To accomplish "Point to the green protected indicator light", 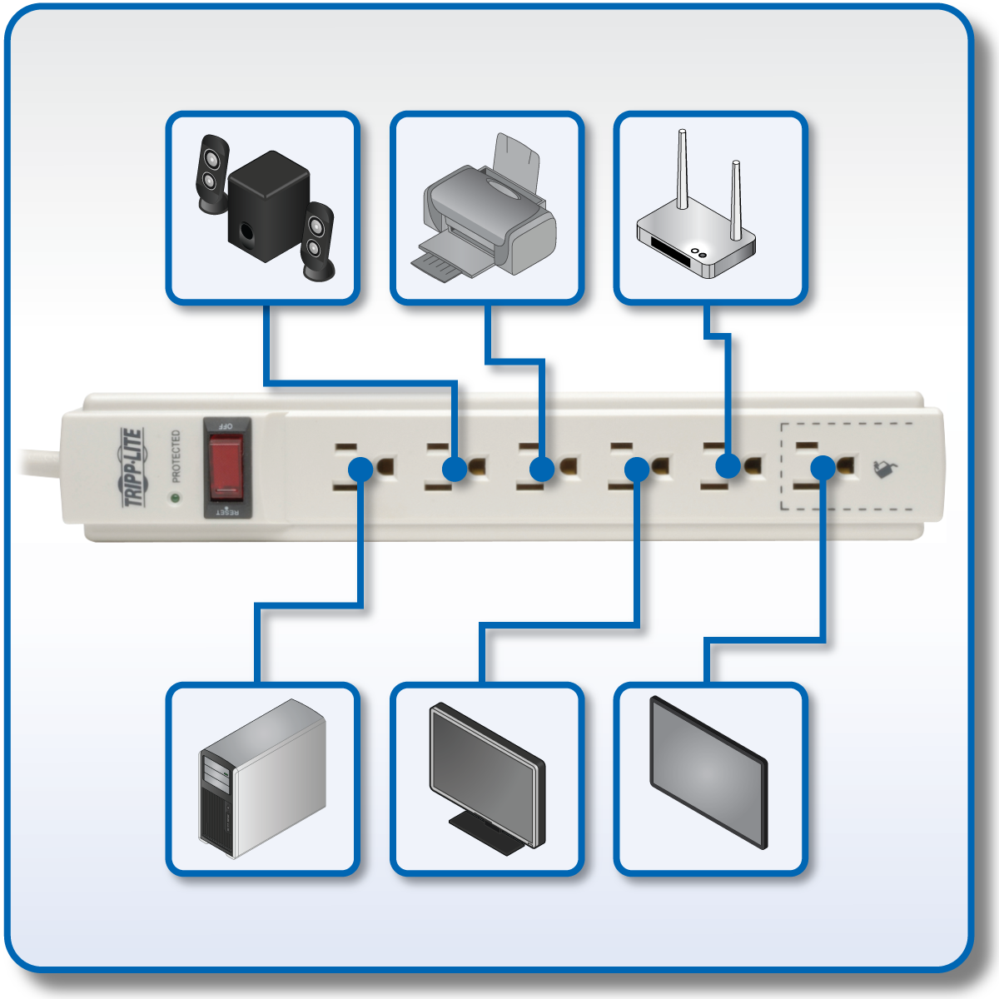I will [x=175, y=499].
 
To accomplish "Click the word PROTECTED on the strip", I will [x=176, y=456].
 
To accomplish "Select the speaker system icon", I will [x=263, y=208].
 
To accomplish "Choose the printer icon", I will [x=486, y=208].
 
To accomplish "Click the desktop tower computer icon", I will [x=263, y=779].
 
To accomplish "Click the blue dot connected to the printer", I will [x=541, y=470].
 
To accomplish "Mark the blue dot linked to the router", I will [x=728, y=466].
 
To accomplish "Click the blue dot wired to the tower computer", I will [x=360, y=470].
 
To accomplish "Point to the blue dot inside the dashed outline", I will [x=823, y=468].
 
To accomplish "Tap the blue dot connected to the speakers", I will [x=455, y=470].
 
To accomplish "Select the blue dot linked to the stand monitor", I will [x=637, y=470].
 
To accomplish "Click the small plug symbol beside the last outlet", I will [x=884, y=470].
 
